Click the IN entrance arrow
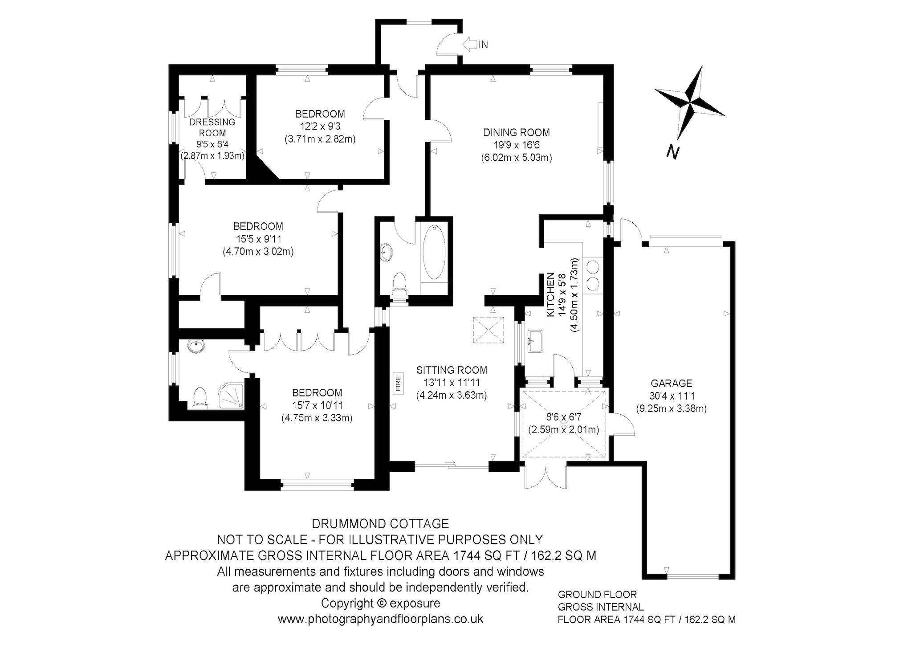pyautogui.click(x=470, y=44)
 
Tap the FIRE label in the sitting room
pyautogui.click(x=398, y=384)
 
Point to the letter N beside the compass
pyautogui.click(x=673, y=152)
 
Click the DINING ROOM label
pyautogui.click(x=517, y=132)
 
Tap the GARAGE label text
pyautogui.click(x=672, y=383)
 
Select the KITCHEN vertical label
pyautogui.click(x=550, y=295)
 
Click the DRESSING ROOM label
pyautogui.click(x=212, y=127)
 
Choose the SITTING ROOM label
pyautogui.click(x=452, y=370)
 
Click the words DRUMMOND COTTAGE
pyautogui.click(x=380, y=523)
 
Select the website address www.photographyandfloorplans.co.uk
pyautogui.click(x=381, y=619)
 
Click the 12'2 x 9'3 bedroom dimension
pyautogui.click(x=320, y=126)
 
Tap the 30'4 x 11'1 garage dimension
pyautogui.click(x=672, y=396)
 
